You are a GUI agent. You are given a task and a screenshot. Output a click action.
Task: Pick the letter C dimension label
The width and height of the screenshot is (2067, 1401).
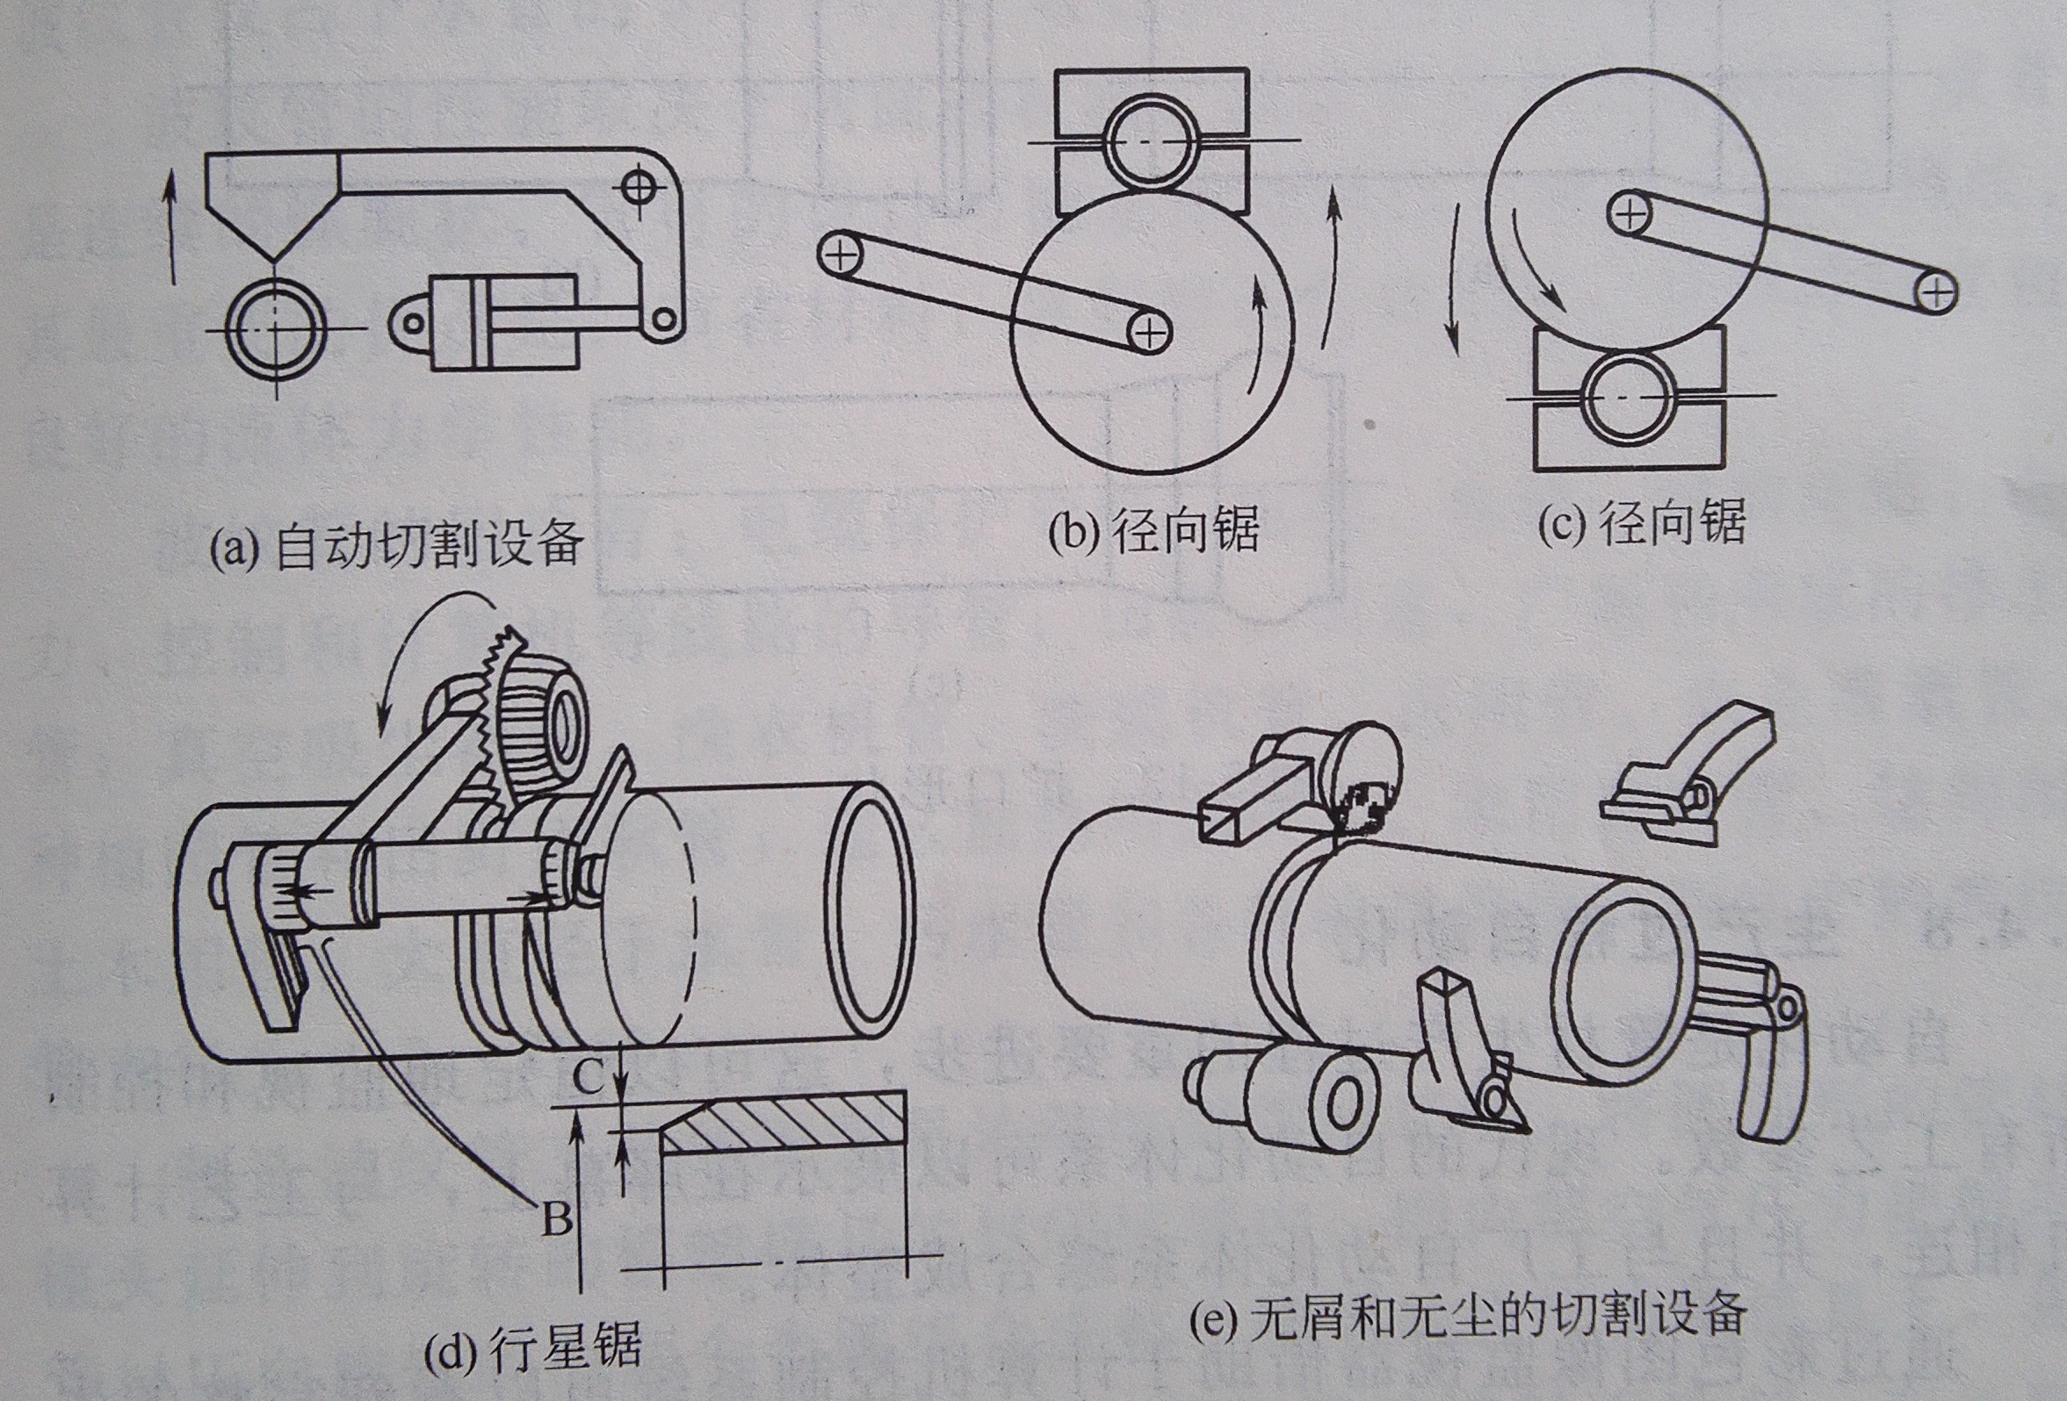coord(588,1078)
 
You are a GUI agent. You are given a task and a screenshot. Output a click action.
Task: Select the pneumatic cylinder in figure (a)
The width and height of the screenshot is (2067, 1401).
coord(503,322)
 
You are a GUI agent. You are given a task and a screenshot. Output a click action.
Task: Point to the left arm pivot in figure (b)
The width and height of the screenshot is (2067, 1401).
coord(840,255)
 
